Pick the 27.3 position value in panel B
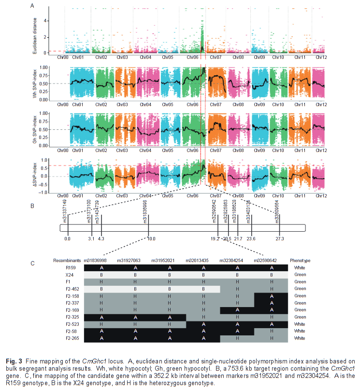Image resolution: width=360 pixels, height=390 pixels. [x=279, y=238]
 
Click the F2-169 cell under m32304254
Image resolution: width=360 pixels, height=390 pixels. [x=237, y=310]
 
